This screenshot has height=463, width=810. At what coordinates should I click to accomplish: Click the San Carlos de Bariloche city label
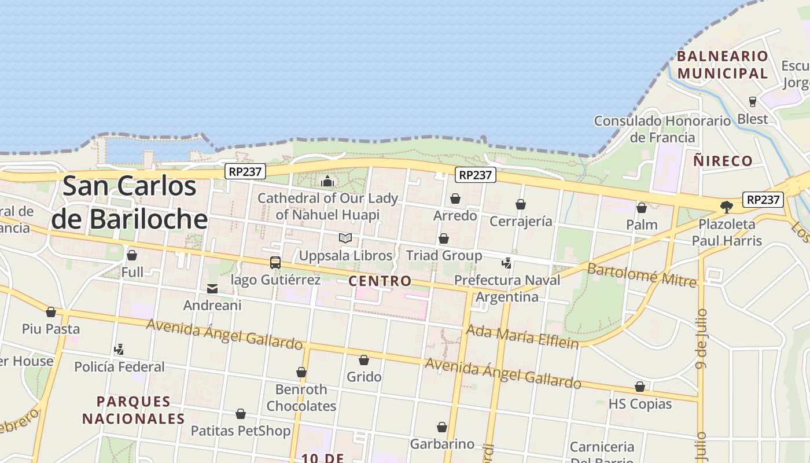coord(130,203)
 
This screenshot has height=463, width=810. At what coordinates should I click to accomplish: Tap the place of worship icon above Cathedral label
coord(327,181)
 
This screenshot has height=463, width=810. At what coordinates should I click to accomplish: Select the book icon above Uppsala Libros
coord(345,238)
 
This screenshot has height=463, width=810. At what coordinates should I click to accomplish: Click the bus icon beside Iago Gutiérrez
coord(275,262)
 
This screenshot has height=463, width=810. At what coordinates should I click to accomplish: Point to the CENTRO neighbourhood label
coord(380,281)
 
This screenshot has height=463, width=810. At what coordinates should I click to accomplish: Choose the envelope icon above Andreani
coord(212,288)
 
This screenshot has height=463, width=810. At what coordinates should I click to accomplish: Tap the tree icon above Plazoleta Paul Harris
coord(727,207)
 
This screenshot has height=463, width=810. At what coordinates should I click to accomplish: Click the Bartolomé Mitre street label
coord(641,275)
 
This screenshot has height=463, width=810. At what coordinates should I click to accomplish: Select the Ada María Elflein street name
coord(522,336)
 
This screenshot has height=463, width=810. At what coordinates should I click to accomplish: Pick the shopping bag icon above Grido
coord(364,361)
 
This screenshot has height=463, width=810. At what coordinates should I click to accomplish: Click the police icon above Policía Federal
coord(119,349)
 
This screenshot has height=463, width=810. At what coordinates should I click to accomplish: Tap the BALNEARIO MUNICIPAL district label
coord(723,65)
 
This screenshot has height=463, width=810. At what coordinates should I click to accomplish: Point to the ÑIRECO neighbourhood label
coord(723,161)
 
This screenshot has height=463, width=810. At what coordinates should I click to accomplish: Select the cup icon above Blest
coord(753,102)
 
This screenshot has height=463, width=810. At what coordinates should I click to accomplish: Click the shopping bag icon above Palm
coord(642,208)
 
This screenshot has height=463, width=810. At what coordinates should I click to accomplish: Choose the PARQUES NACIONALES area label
coord(133,410)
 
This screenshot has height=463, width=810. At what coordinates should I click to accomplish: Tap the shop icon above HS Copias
coord(640,387)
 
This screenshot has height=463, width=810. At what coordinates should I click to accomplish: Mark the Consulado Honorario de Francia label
coord(662,129)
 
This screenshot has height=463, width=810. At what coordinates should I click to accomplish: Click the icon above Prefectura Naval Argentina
coord(507,263)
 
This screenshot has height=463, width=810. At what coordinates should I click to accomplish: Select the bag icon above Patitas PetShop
coord(241,414)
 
